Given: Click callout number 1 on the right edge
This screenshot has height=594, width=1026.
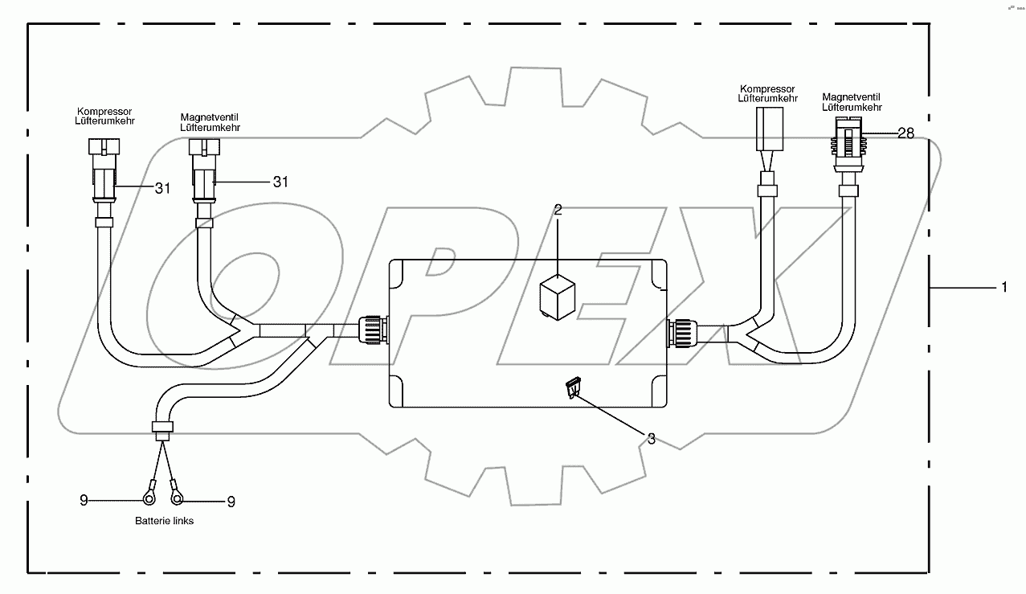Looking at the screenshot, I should click(x=1003, y=287).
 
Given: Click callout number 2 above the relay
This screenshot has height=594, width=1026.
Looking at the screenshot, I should click(x=558, y=211).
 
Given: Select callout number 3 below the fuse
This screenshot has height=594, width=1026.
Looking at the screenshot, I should click(x=651, y=439).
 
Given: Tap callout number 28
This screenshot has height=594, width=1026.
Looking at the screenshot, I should click(x=905, y=134).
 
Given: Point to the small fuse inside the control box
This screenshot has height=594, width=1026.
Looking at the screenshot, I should click(x=574, y=388).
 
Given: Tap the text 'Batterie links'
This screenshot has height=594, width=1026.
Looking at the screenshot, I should click(x=164, y=521).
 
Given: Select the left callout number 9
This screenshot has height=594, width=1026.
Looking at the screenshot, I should click(x=84, y=501).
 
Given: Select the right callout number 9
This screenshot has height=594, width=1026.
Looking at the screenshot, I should click(x=231, y=502).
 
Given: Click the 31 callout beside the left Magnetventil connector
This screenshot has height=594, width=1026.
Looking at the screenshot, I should click(x=280, y=182).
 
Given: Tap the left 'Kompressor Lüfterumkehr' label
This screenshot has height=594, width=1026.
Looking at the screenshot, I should click(x=105, y=116).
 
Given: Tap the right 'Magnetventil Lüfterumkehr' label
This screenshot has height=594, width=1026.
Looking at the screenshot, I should click(x=852, y=101).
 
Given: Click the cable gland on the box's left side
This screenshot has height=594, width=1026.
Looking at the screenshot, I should click(x=373, y=330).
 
